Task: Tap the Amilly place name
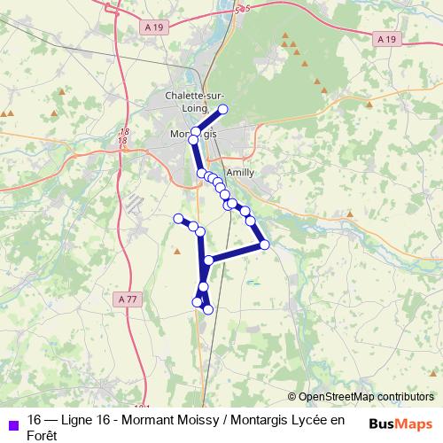click(x=240, y=173)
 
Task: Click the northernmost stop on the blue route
click(x=223, y=109)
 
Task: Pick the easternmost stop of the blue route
click(x=264, y=244)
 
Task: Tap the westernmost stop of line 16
click(x=178, y=218)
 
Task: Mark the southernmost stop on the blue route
click(x=208, y=309)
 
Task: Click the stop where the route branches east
click(x=208, y=260)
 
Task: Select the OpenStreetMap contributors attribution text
click(x=365, y=397)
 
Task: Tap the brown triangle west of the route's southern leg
click(x=178, y=252)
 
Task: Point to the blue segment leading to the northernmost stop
click(x=209, y=120)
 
